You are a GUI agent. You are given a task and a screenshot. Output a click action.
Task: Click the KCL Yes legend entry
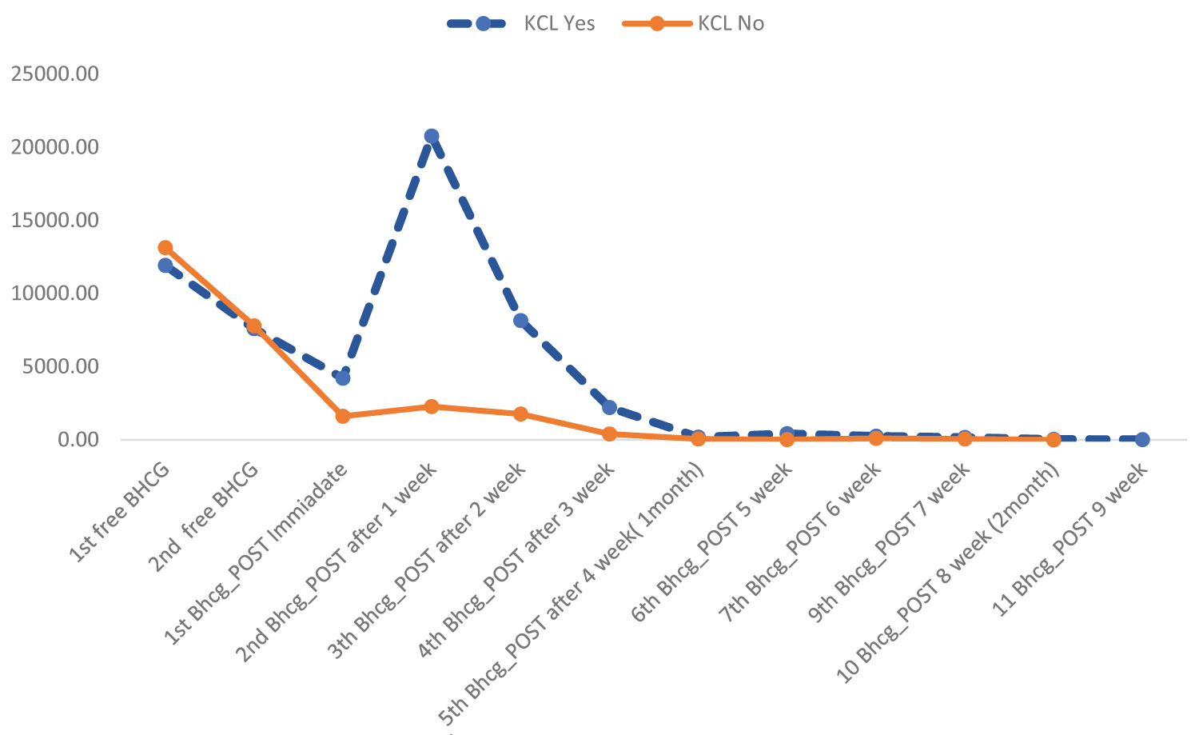[x=521, y=23]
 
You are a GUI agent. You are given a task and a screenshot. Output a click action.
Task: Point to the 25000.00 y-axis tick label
[x=55, y=74]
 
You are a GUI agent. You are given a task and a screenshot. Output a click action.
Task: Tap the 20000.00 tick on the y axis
[x=55, y=147]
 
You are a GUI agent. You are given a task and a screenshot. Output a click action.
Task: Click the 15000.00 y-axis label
[x=55, y=221]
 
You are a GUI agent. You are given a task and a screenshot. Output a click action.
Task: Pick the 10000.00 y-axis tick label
[x=55, y=294]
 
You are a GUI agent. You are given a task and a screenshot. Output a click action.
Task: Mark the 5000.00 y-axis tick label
[x=59, y=366]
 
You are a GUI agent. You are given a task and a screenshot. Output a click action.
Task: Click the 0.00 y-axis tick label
[x=78, y=439]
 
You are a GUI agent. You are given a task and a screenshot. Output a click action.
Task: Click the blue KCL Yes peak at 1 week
[x=432, y=136]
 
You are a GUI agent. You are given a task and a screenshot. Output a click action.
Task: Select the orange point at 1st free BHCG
[x=165, y=248]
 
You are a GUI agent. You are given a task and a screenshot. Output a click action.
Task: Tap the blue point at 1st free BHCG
[x=165, y=266]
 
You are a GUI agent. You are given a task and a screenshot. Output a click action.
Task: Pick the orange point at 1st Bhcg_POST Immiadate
[x=343, y=416]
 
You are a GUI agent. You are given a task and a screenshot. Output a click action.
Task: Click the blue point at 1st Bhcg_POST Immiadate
[x=343, y=377]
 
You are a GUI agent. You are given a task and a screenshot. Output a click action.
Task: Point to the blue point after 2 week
[x=520, y=321]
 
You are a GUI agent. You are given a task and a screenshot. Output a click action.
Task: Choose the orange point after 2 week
[x=520, y=413]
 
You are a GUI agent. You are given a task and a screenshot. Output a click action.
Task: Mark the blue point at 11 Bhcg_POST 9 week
[x=1142, y=439]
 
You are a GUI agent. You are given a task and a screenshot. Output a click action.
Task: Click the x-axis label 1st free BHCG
[x=124, y=512]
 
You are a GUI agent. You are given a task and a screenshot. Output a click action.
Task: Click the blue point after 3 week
[x=609, y=408]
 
